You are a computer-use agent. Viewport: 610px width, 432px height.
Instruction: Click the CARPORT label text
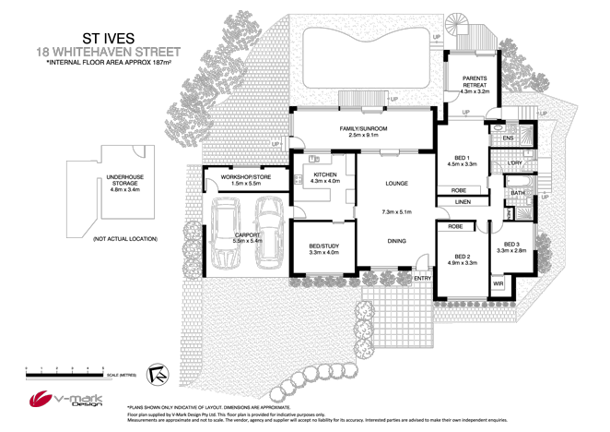pos(247,234)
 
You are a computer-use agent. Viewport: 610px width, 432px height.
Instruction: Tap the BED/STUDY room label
pos(323,245)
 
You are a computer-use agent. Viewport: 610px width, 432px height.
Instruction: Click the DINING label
pos(396,240)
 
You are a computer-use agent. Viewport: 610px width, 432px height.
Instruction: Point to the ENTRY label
pos(422,278)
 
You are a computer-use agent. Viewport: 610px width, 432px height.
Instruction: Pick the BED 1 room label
pos(461,157)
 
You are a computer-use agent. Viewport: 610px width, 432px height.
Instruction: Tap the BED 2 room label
pos(461,256)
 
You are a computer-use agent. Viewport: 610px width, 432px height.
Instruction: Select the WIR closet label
pos(499,282)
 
